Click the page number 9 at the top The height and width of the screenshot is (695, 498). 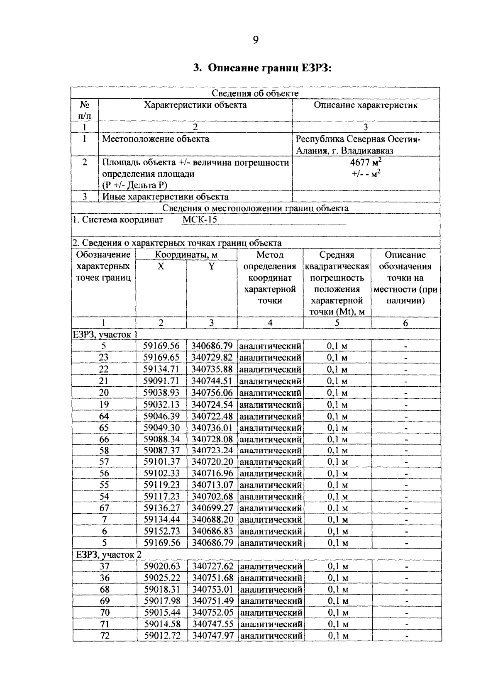[255, 40]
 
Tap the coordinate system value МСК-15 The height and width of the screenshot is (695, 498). [200, 220]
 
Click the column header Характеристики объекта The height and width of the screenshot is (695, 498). [195, 105]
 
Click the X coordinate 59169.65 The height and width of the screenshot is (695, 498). [161, 358]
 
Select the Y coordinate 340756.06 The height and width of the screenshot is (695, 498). [212, 393]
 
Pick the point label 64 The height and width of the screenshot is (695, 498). [104, 416]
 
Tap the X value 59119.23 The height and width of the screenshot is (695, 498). [161, 485]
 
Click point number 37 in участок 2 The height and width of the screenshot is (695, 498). [105, 566]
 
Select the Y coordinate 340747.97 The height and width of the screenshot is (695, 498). [212, 636]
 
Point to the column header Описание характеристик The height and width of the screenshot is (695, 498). [365, 105]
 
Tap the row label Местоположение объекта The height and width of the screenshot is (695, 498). [156, 139]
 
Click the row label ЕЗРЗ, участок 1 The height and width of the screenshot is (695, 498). [105, 334]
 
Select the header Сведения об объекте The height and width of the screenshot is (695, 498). [255, 93]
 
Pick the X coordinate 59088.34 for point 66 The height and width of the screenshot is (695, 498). [161, 439]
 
